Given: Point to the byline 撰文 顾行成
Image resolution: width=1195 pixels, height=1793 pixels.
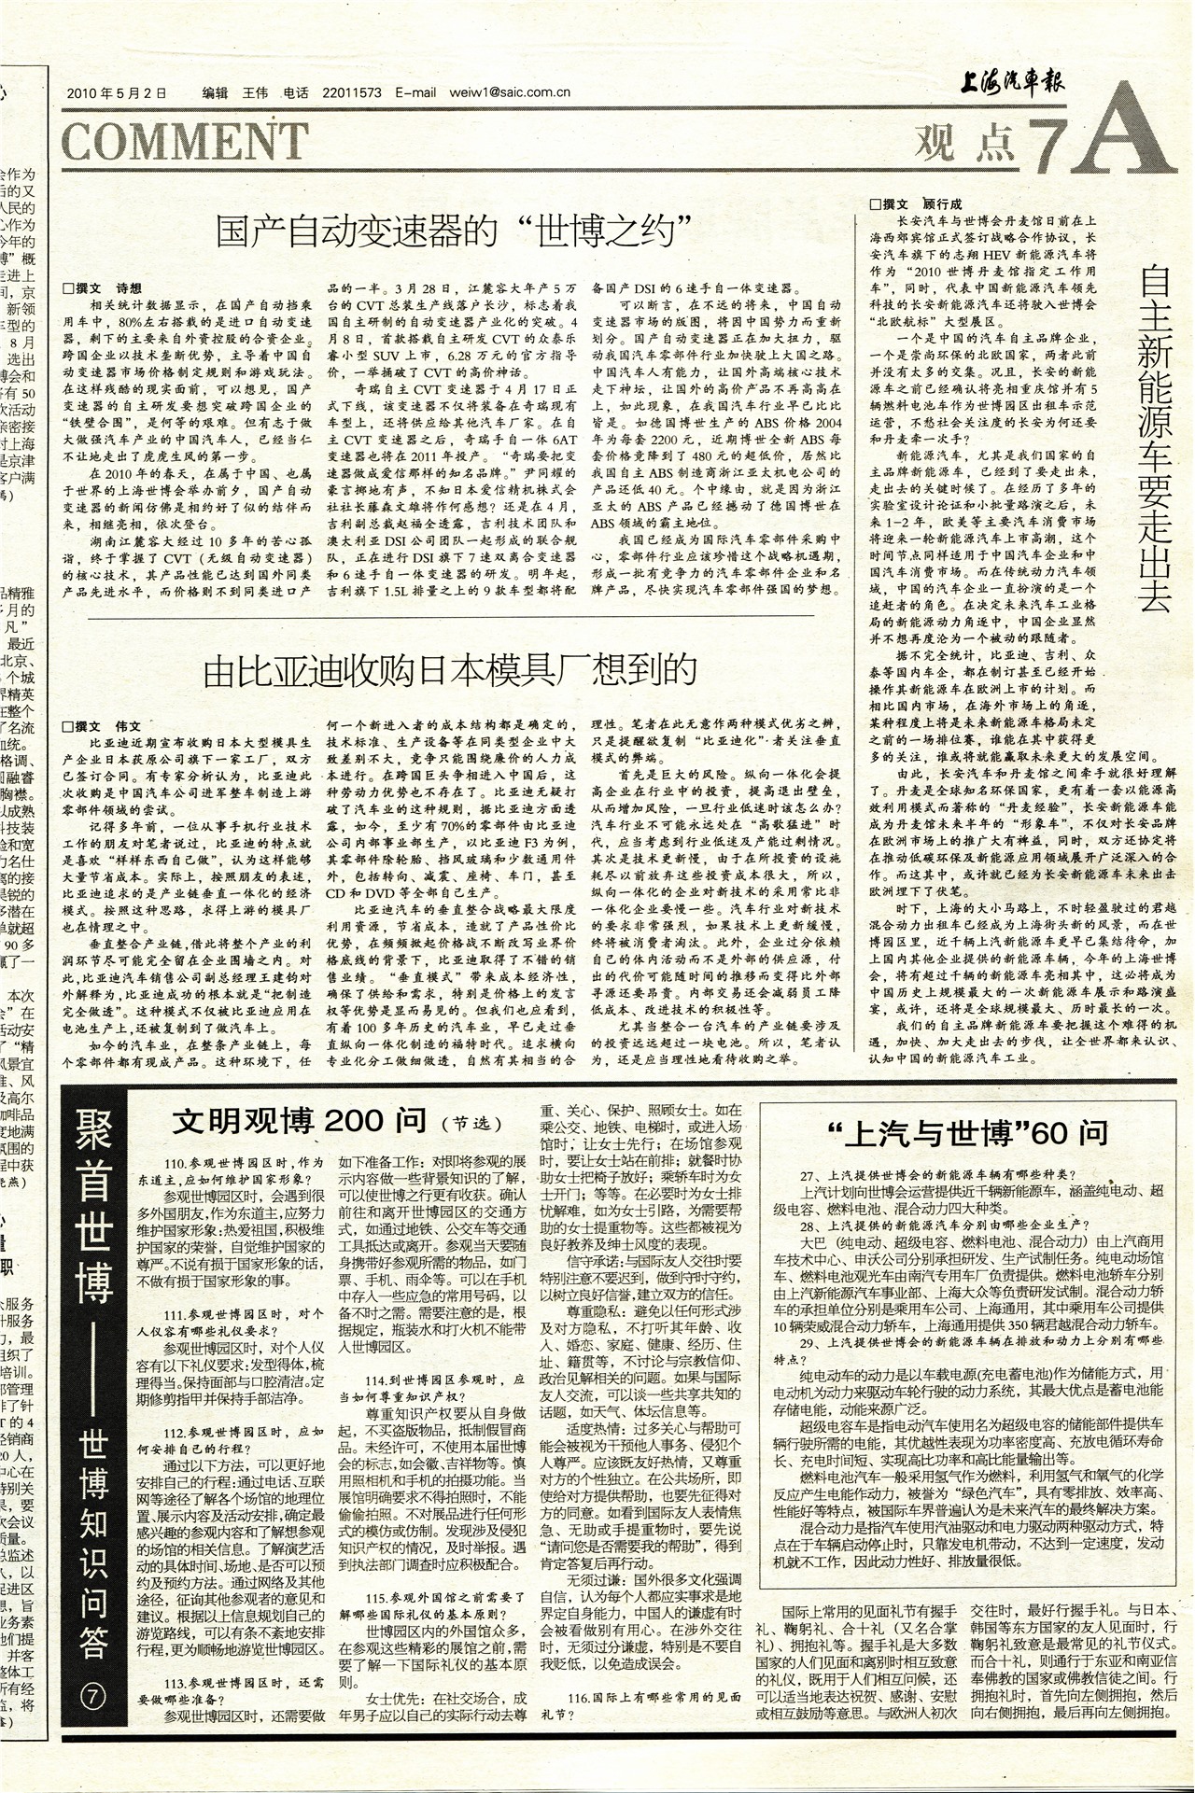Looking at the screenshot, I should click(915, 203).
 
